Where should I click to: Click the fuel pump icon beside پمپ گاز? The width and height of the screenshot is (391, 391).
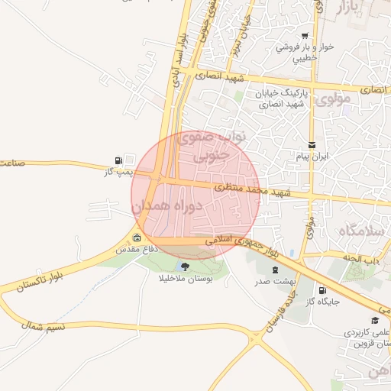click(118, 160)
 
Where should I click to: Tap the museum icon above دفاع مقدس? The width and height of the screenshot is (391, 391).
click(137, 238)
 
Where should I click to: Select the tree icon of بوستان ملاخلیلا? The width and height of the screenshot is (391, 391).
click(184, 266)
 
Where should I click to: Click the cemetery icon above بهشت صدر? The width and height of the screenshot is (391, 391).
click(273, 270)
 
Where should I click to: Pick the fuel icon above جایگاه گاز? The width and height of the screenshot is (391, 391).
click(322, 290)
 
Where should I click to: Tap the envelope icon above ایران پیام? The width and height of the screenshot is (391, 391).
click(311, 144)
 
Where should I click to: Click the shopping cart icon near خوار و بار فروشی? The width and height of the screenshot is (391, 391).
click(305, 36)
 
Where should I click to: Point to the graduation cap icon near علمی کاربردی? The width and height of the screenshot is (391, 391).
click(374, 321)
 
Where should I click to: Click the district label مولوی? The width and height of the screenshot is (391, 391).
click(331, 99)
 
